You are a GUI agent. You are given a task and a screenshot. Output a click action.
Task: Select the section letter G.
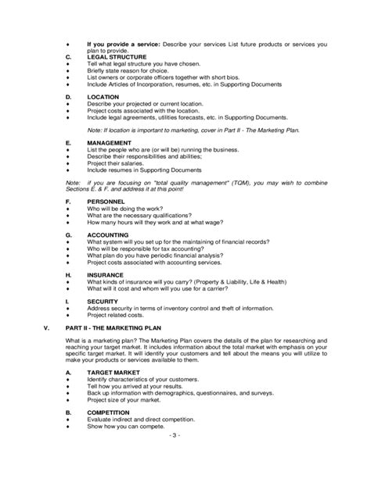point(68,234)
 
